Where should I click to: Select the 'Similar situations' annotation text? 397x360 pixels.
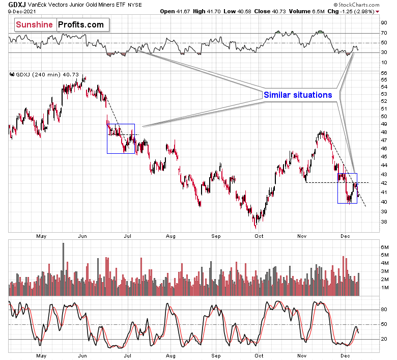pos(297,95)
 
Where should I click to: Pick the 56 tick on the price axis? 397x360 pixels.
pos(384,73)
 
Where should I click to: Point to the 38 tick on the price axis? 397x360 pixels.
pos(384,221)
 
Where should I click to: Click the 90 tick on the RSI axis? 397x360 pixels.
pos(384,22)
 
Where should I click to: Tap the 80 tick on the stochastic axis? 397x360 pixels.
pos(384,309)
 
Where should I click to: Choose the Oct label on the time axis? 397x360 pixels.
pos(259,236)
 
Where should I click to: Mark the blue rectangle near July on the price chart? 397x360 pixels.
pos(121,139)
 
